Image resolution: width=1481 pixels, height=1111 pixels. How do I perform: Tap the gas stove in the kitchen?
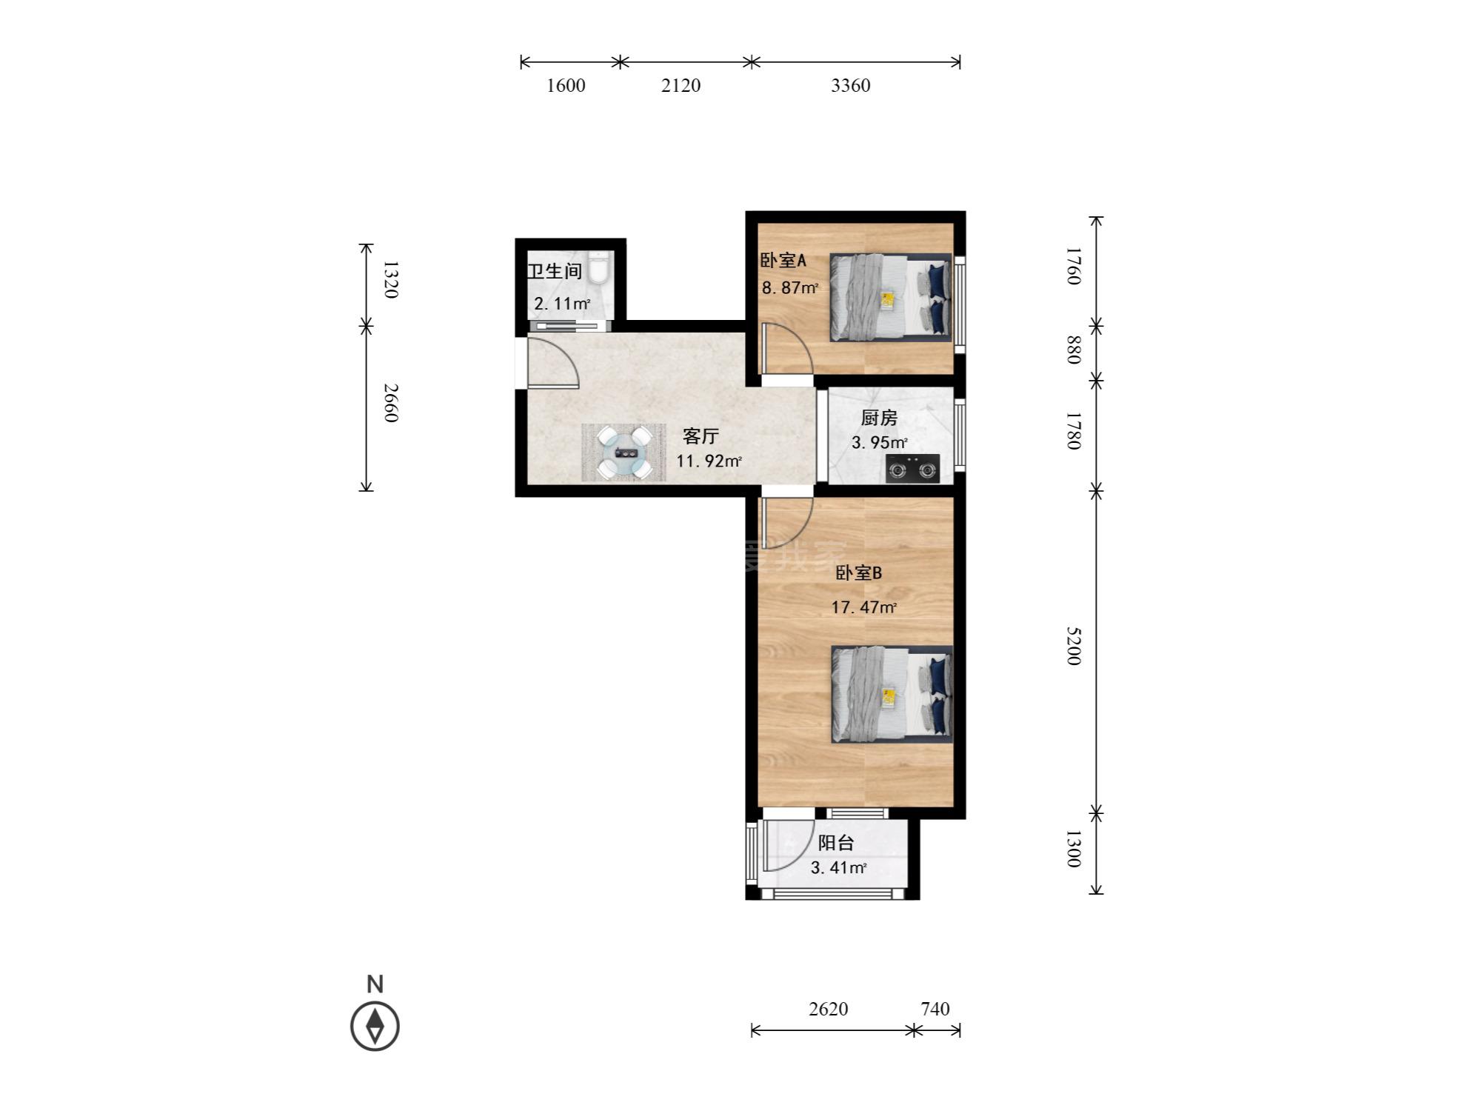tap(913, 469)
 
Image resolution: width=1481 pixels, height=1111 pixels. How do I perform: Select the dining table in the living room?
tap(624, 453)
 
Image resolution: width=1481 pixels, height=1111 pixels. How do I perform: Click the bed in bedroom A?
tap(890, 298)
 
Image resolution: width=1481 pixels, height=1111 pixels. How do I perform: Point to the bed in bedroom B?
tap(892, 693)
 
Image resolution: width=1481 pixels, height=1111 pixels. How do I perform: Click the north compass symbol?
tap(375, 1026)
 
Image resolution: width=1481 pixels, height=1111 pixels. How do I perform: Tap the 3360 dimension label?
tap(850, 86)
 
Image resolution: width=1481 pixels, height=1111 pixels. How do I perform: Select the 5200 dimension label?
tap(1074, 646)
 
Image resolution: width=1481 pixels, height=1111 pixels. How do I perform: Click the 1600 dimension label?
tap(566, 86)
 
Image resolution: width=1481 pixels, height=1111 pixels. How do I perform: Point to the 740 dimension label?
tap(935, 1009)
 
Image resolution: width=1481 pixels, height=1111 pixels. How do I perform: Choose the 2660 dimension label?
tap(392, 403)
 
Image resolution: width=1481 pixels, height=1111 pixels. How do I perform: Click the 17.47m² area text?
tap(864, 608)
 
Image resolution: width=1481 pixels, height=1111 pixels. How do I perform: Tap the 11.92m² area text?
tap(709, 461)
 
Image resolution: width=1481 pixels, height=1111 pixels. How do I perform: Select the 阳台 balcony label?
tap(836, 843)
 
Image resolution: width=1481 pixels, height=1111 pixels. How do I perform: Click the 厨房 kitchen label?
tap(879, 418)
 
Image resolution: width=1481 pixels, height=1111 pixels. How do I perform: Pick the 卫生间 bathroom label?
tap(555, 271)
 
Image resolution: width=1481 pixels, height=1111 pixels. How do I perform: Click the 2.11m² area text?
tap(562, 304)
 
